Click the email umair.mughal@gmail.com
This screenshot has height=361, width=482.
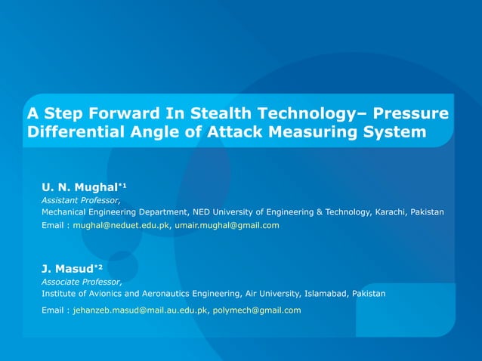coord(227,226)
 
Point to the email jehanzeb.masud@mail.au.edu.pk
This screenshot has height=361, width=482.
coord(141,310)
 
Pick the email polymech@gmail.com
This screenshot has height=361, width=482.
coord(257,310)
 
